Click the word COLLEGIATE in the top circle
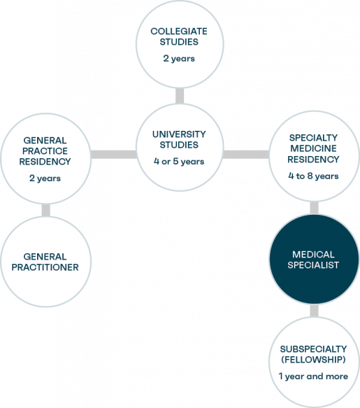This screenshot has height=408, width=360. coord(179,31)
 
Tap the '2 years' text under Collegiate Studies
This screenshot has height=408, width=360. coord(179,58)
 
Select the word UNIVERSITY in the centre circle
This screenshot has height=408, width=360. coord(179,134)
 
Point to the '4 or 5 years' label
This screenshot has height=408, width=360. coord(179,162)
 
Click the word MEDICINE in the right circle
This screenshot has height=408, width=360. coord(313,148)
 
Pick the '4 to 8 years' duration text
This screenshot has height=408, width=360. coord(313,176)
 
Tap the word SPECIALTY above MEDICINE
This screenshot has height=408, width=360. coord(313,138)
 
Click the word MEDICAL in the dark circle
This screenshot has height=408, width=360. coord(313,254)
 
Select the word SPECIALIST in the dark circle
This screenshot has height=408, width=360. coord(313,265)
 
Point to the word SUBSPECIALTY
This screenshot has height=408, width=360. coord(313,349)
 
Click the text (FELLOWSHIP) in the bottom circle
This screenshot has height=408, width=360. coord(313,360)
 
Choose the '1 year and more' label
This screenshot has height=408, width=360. coord(313,377)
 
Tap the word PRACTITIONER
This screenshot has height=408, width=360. coord(45,267)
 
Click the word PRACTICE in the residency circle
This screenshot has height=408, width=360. coord(45,151)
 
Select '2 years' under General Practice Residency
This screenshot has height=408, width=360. coord(45,178)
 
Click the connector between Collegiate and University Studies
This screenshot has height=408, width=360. coord(180,96)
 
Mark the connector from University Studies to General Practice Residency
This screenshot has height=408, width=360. coord(113,155)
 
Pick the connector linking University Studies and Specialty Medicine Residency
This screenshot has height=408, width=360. coord(246,155)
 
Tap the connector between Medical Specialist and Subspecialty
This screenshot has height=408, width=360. coord(314,311)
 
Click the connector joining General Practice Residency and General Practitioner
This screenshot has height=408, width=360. coord(46,210)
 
